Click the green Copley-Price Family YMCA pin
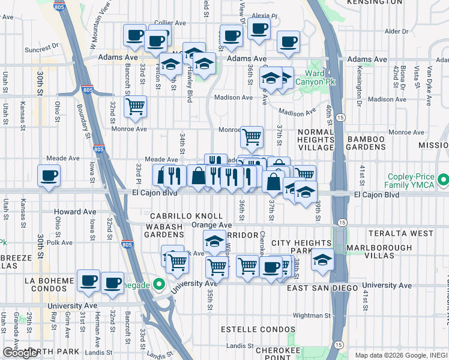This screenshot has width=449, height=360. click(443, 180)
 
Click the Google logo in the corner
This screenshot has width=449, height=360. click(20, 353)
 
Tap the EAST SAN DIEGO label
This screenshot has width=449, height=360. click(324, 288)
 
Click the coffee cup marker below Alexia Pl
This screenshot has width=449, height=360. click(258, 29)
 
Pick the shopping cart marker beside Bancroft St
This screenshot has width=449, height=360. click(135, 106)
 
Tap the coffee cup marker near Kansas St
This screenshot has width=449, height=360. click(48, 176)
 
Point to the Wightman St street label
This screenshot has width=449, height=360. click(312, 315)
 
